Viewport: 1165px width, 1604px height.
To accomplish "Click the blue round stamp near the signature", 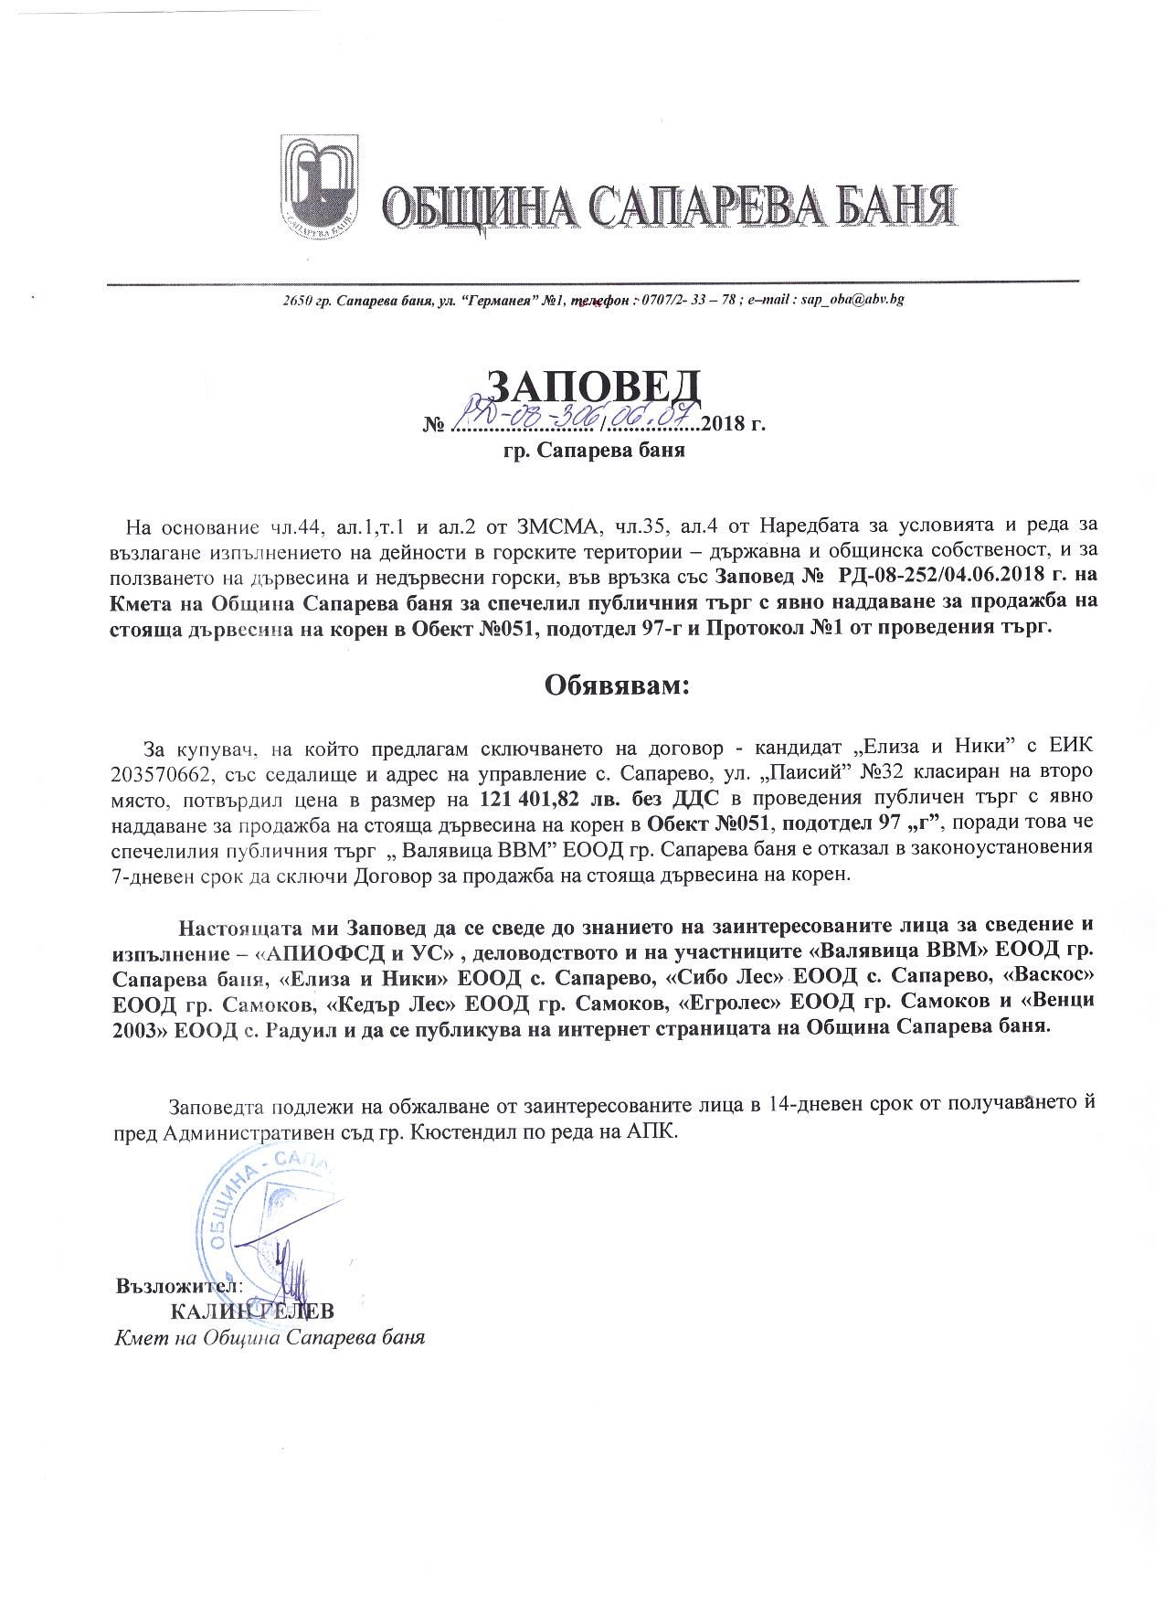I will point(265,1216).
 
